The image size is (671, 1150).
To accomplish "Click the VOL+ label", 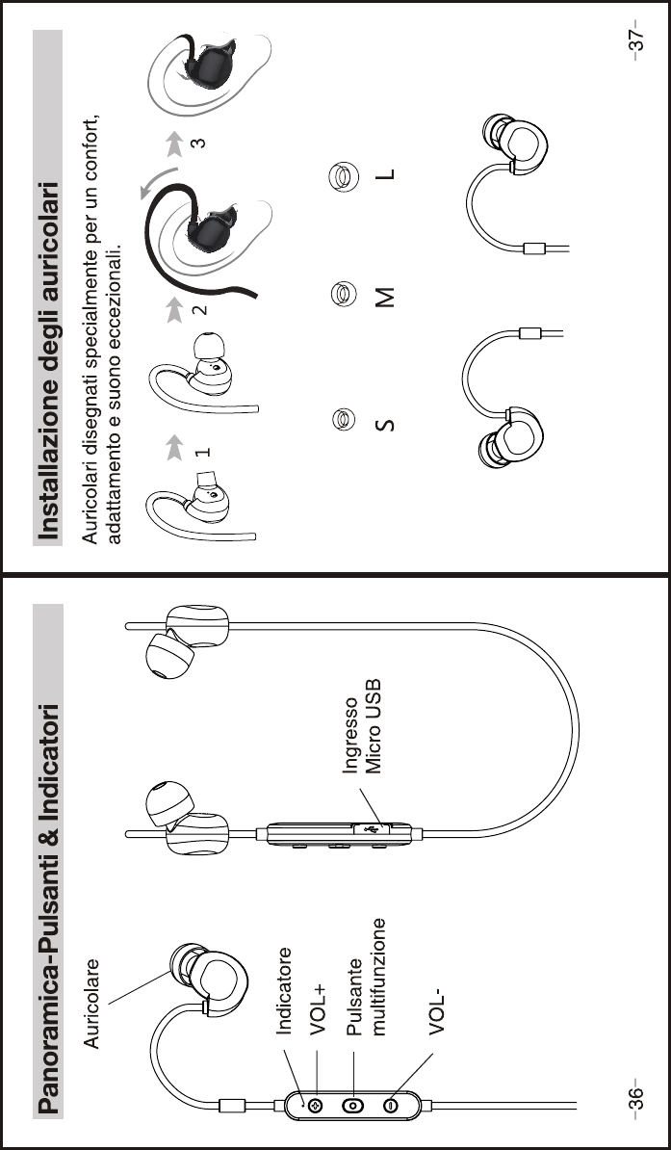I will [x=319, y=1007].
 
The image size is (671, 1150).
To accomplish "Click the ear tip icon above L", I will [x=338, y=175].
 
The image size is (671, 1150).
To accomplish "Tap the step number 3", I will [x=197, y=143].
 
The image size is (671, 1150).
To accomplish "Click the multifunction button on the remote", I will [x=353, y=1105].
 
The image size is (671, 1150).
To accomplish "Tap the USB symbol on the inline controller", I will [x=372, y=824].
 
